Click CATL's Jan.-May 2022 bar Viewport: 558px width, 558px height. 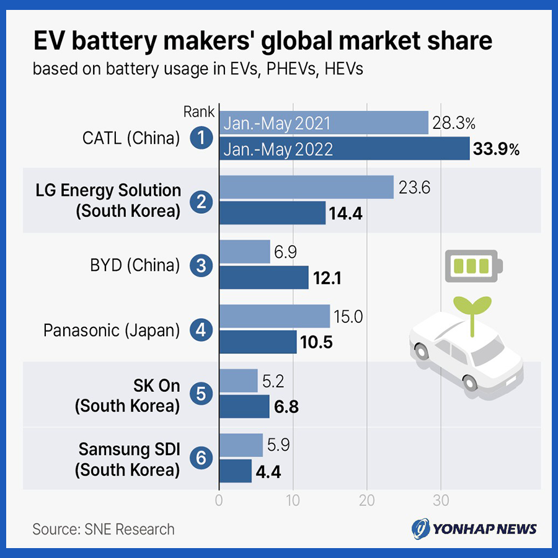click(x=344, y=149)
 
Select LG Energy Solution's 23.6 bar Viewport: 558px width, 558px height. click(x=306, y=187)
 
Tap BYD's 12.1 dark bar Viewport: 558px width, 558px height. click(x=264, y=277)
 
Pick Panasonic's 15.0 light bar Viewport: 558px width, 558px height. click(x=275, y=316)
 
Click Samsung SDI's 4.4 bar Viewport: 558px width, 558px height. click(x=236, y=471)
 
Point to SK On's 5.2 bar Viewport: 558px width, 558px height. click(x=239, y=381)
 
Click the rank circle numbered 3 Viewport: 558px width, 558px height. click(x=200, y=266)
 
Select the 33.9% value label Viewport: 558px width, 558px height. click(x=495, y=149)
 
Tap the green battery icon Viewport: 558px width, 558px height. click(x=473, y=266)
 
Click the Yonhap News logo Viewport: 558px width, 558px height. click(x=474, y=529)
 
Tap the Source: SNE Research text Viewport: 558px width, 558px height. click(x=104, y=529)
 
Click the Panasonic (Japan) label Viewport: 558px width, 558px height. click(x=112, y=330)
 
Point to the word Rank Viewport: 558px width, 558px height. click(x=198, y=112)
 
